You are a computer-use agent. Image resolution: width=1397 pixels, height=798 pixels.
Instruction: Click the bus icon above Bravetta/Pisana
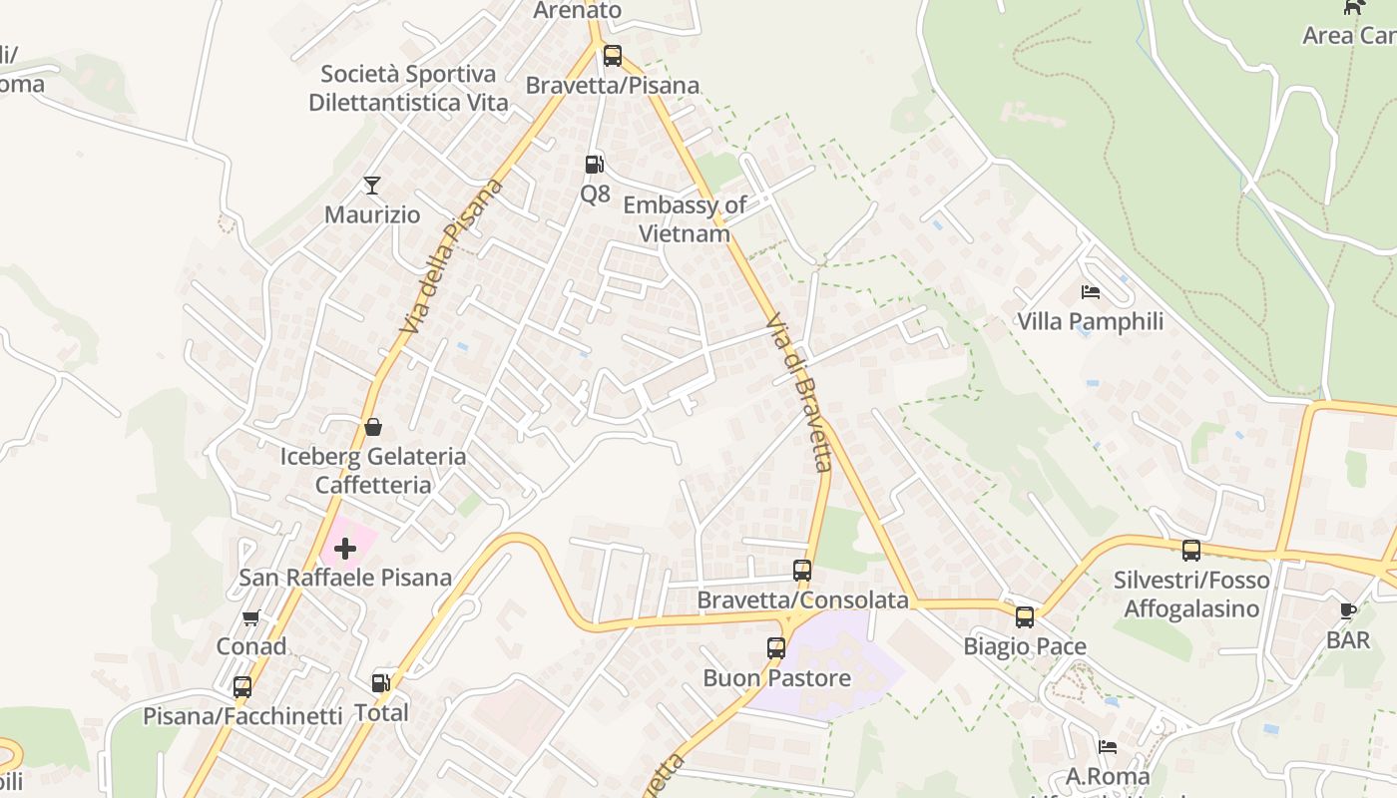(x=613, y=56)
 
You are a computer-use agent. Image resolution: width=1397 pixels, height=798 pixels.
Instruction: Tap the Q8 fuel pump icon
(x=595, y=165)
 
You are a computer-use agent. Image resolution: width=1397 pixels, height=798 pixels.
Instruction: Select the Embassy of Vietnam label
(x=685, y=219)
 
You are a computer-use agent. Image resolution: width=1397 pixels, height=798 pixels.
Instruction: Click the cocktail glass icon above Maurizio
(x=372, y=186)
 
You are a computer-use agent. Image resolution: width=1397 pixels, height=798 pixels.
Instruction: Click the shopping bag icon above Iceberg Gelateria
(x=373, y=428)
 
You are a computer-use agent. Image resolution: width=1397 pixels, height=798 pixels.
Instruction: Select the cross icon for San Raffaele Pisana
(x=345, y=549)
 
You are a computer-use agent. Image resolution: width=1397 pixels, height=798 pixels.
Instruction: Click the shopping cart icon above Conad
(x=251, y=618)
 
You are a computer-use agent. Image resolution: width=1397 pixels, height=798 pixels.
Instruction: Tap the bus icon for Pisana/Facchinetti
(x=242, y=687)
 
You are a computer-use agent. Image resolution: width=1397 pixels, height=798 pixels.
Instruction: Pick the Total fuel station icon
(x=381, y=683)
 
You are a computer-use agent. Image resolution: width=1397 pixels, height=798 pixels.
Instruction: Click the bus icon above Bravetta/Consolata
(x=802, y=571)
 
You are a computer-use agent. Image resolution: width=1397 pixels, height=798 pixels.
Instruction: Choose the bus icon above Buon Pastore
(x=776, y=648)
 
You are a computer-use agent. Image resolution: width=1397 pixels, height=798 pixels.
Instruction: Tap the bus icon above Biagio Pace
(x=1025, y=617)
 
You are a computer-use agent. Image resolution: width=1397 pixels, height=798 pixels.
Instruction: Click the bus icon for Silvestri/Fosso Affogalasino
(x=1191, y=551)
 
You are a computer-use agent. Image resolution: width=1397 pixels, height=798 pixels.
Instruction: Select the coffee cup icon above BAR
(x=1348, y=610)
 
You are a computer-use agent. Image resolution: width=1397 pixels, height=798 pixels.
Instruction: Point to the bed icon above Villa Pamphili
(x=1091, y=292)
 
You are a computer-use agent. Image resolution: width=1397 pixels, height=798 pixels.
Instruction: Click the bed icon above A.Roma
(x=1108, y=746)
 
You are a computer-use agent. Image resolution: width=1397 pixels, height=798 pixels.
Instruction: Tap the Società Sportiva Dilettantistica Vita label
(x=408, y=88)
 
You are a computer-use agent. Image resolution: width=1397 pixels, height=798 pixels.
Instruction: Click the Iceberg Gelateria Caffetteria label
(x=373, y=471)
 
